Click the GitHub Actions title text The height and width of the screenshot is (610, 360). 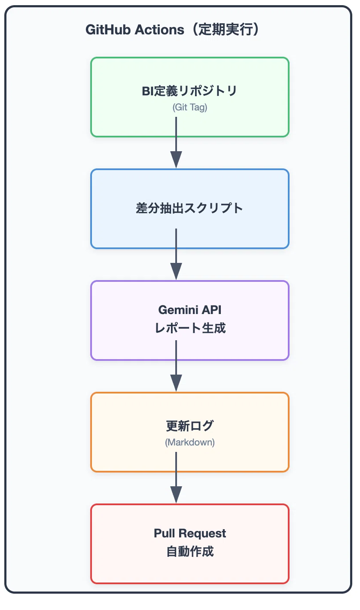(x=172, y=30)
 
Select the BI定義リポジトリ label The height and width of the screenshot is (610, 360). (x=189, y=91)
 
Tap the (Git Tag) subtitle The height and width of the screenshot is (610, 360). (x=190, y=107)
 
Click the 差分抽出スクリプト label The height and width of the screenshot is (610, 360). (x=189, y=208)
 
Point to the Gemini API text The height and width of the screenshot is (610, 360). (x=190, y=310)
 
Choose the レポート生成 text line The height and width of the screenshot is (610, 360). (x=190, y=328)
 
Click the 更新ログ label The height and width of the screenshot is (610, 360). (x=190, y=426)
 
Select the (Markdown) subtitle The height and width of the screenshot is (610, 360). (x=190, y=442)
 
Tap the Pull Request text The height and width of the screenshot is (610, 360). (x=190, y=534)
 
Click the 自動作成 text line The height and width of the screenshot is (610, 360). (x=190, y=552)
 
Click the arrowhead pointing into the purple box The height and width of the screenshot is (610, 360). (x=176, y=271)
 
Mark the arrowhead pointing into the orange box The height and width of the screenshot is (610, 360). (x=176, y=383)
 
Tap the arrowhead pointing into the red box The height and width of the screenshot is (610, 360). (x=176, y=495)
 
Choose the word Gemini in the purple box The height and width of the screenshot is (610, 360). (x=178, y=310)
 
